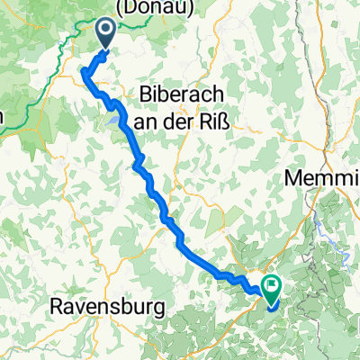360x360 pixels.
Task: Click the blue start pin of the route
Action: click(x=105, y=34)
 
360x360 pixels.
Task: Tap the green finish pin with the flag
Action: click(x=271, y=286)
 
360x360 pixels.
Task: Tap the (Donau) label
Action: click(x=146, y=7)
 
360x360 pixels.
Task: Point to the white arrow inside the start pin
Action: click(x=105, y=31)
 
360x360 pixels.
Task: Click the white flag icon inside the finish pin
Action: click(x=271, y=283)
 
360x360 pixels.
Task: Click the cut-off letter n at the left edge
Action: click(x=3, y=117)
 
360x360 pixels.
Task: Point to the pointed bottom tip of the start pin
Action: click(x=105, y=49)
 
